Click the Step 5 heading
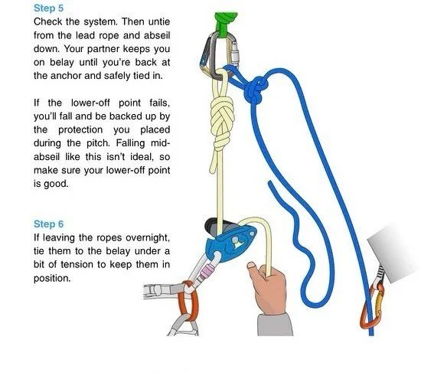[48, 8]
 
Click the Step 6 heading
[48, 224]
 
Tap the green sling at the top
[226, 24]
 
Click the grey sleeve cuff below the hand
[275, 325]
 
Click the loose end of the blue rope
[270, 183]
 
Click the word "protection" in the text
[80, 130]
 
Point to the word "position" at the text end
[52, 279]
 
